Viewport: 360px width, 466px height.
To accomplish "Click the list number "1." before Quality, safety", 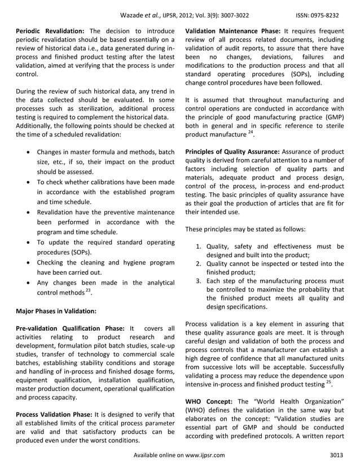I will pyautogui.click(x=199, y=246).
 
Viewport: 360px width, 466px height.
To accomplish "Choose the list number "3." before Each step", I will pyautogui.click(x=199, y=280).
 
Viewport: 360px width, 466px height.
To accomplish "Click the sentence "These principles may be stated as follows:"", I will pyautogui.click(x=246, y=229).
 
